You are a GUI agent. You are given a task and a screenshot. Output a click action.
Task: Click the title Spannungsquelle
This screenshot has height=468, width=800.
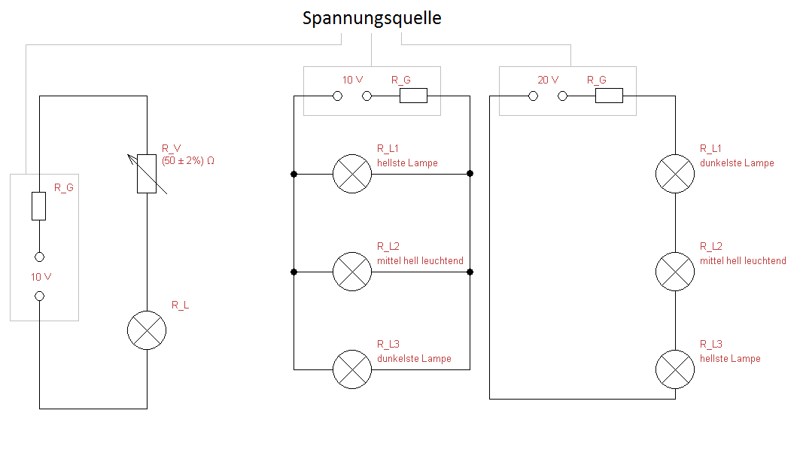[372, 19]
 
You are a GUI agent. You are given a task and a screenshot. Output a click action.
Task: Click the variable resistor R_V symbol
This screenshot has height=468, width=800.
[147, 174]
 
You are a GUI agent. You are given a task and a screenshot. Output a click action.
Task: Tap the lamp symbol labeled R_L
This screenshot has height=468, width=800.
[147, 330]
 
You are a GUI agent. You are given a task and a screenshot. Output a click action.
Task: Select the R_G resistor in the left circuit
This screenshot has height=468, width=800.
[39, 205]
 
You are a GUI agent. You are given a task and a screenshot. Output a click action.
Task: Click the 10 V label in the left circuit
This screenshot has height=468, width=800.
[41, 277]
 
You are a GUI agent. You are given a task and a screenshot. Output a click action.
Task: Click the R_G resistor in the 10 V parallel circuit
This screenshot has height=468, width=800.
[412, 96]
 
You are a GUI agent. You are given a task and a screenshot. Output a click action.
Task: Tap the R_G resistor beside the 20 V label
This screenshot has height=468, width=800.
[609, 96]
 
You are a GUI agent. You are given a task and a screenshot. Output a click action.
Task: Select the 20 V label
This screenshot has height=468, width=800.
[548, 80]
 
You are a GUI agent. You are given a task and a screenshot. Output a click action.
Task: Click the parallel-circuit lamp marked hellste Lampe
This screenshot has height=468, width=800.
[352, 174]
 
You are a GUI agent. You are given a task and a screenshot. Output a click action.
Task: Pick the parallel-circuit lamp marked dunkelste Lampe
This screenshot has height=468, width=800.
[352, 369]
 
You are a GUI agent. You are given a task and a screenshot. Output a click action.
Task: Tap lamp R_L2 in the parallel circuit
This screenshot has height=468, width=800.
[352, 272]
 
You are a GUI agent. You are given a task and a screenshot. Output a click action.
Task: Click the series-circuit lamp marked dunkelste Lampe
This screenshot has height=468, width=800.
[675, 174]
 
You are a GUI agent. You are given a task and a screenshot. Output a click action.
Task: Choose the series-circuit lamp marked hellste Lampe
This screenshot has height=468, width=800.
[675, 369]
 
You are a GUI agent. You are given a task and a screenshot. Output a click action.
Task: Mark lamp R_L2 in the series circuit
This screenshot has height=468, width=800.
[675, 272]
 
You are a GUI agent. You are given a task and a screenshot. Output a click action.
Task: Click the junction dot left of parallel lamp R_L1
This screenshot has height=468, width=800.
[294, 174]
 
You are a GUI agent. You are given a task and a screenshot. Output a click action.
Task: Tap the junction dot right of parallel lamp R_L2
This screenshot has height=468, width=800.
[470, 272]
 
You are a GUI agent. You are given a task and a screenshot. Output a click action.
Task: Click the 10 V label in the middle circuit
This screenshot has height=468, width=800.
[353, 80]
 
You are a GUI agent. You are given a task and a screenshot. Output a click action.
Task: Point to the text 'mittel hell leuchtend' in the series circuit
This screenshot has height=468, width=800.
[743, 261]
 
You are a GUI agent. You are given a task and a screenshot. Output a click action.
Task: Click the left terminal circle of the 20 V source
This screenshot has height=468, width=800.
[533, 96]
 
